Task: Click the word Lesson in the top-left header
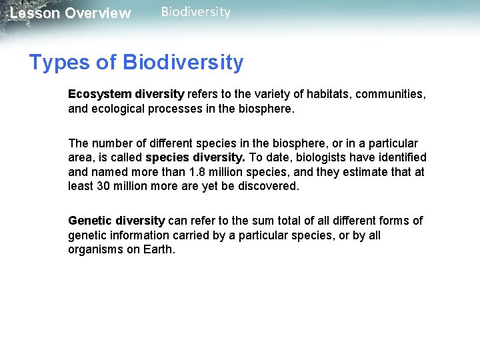(34, 13)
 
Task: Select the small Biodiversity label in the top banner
(195, 12)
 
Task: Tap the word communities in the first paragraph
(391, 94)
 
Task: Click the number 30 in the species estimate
(103, 187)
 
